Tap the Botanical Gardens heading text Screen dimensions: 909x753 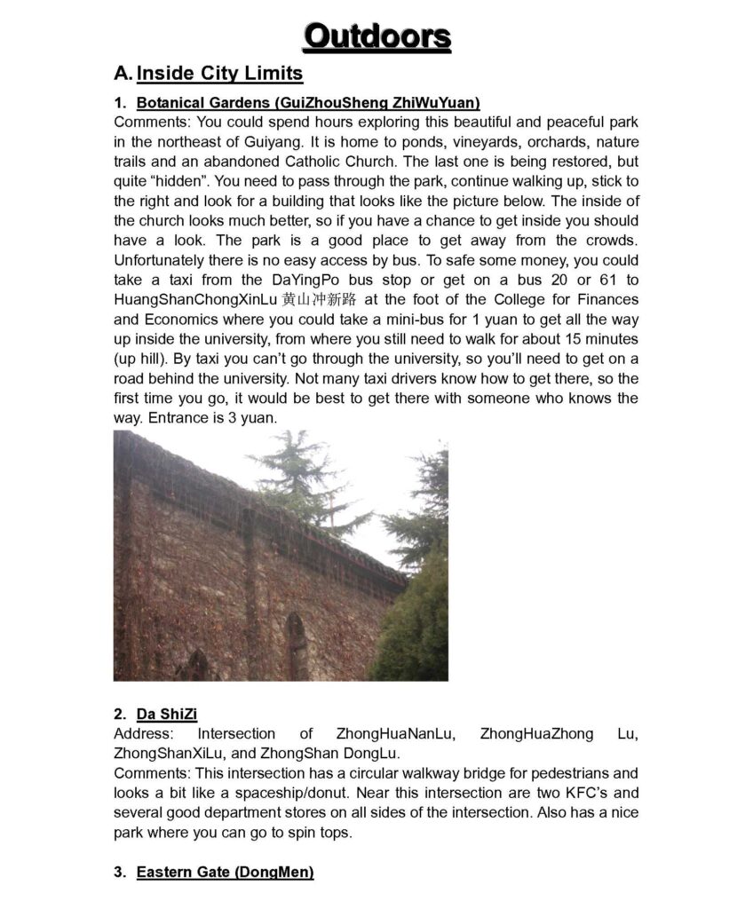[308, 102]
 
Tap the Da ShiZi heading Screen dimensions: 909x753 [167, 714]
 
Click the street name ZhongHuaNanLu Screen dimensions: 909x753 [396, 734]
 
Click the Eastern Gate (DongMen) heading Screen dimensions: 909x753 [225, 873]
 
